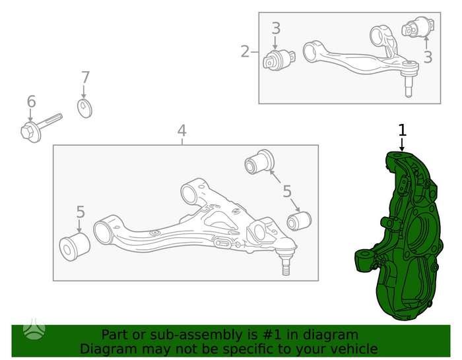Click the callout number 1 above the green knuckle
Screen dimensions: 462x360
402,131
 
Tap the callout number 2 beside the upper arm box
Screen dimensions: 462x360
245,51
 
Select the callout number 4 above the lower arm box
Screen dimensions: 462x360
181,131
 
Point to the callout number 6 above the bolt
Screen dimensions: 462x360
31,102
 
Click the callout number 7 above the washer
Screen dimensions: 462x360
85,78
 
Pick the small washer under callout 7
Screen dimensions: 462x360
84,109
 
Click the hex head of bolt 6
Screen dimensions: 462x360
30,132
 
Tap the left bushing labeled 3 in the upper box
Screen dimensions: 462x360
279,61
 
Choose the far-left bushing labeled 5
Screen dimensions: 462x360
75,246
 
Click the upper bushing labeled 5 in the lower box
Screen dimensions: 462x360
259,162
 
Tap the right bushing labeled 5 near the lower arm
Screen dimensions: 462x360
299,222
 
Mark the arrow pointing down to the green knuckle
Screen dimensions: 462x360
402,144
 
